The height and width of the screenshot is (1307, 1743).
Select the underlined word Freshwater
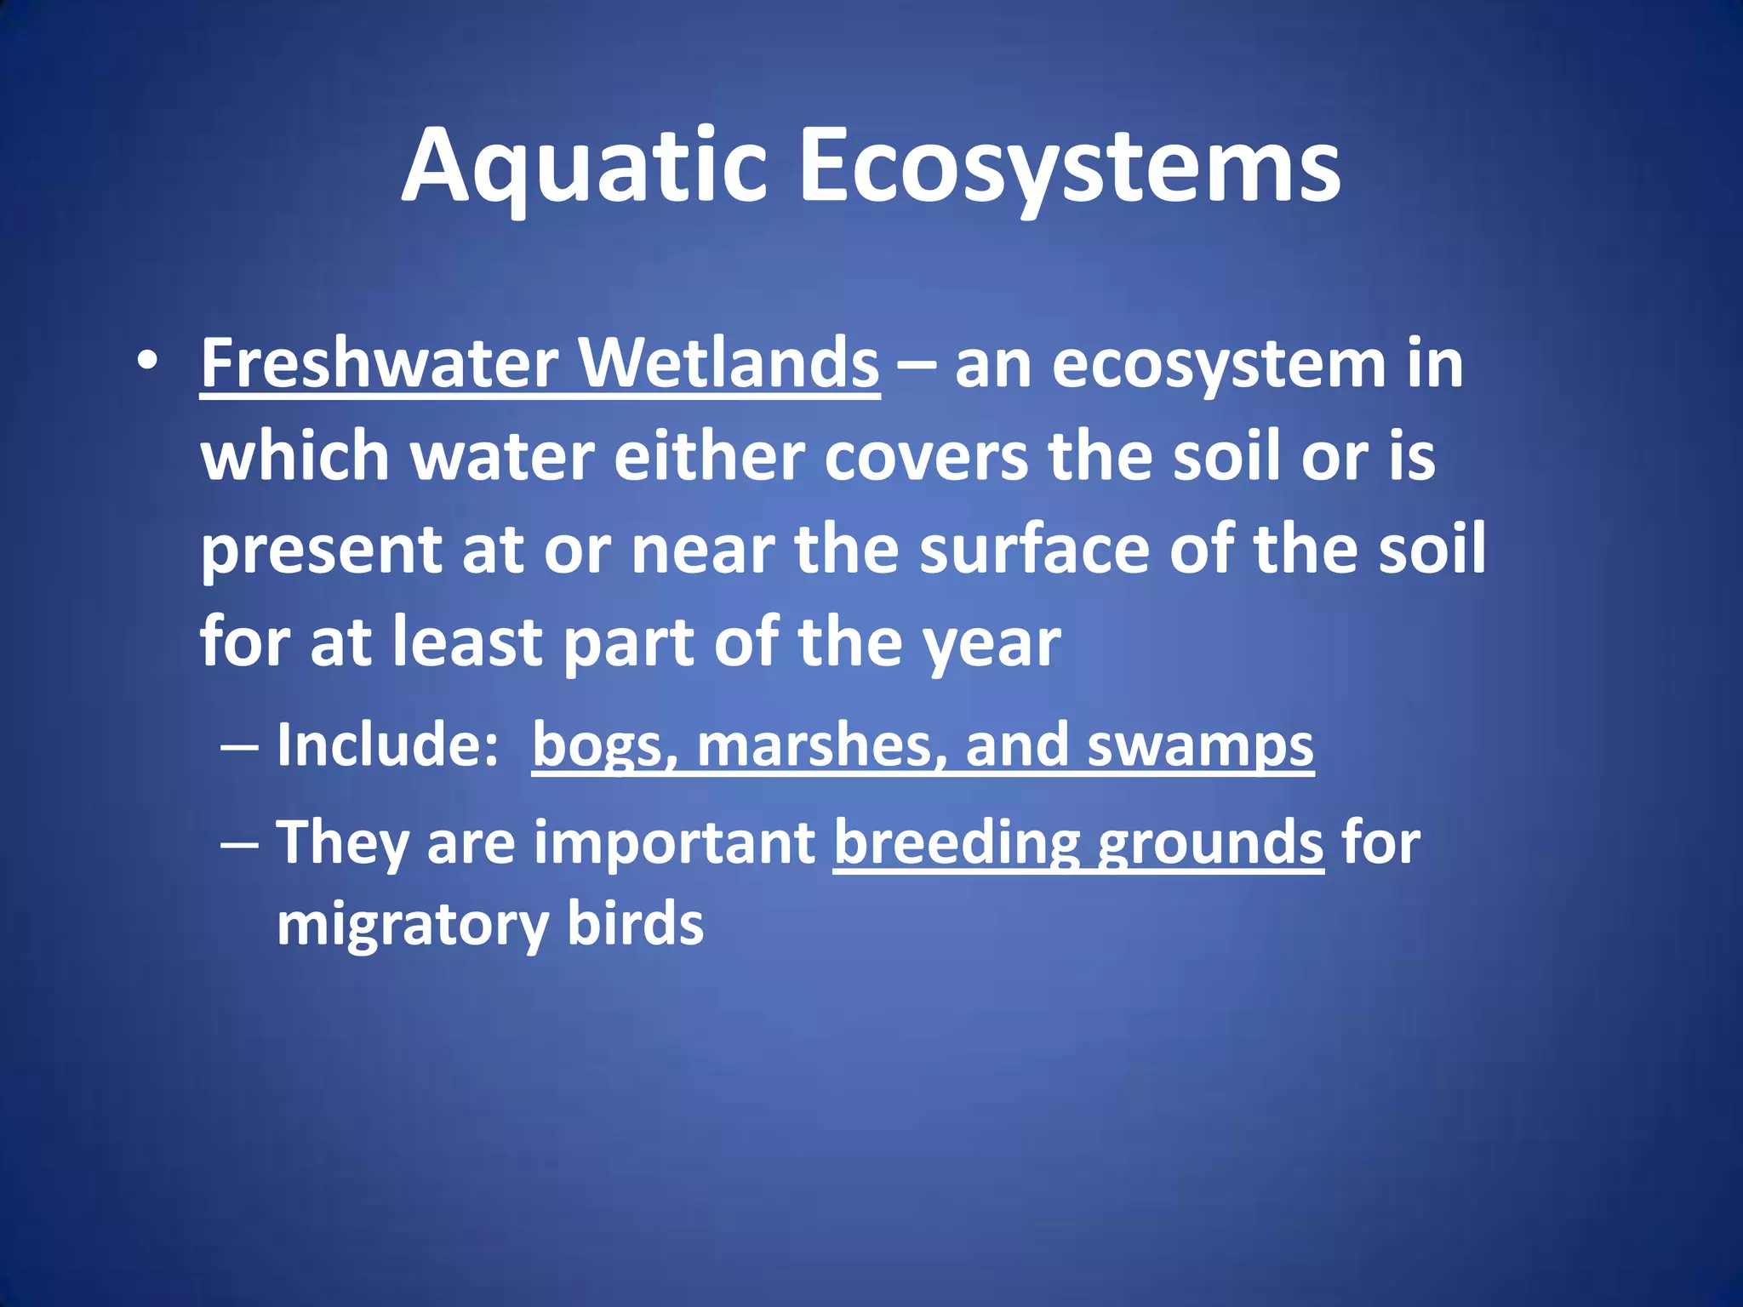[379, 364]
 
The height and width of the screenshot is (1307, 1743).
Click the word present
[321, 551]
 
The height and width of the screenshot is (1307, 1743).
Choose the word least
[466, 642]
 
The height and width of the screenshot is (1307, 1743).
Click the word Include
[380, 745]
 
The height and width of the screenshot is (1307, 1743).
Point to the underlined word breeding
[957, 843]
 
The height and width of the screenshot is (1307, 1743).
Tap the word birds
[635, 923]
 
